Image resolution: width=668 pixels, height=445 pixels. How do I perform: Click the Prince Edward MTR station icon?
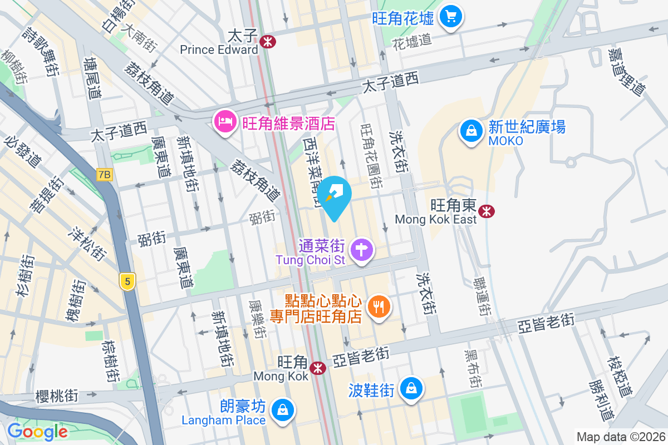coord(268,41)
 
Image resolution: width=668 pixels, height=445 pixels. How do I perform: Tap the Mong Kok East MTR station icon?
coord(486,211)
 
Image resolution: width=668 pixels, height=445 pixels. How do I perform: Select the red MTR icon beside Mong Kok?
coord(318,368)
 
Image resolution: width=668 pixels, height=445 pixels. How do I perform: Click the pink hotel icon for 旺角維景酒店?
coord(225,122)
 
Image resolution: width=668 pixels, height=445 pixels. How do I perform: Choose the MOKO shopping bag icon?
coord(471,131)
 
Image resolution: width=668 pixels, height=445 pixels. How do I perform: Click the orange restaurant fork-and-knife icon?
coord(379,306)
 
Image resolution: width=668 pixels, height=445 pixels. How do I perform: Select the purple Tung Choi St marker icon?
coord(362,249)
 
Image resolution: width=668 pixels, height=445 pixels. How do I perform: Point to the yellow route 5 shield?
coord(128,281)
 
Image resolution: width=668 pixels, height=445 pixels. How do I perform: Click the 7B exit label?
coord(104,175)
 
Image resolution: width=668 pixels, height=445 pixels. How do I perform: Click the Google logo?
coord(37,431)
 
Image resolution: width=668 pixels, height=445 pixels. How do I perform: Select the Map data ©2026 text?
coord(620,437)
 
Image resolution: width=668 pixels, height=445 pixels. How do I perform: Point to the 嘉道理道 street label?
coord(626,72)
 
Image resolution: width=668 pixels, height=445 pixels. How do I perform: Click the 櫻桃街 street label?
coord(57,396)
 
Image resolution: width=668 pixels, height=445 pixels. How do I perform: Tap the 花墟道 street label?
coord(412,40)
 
